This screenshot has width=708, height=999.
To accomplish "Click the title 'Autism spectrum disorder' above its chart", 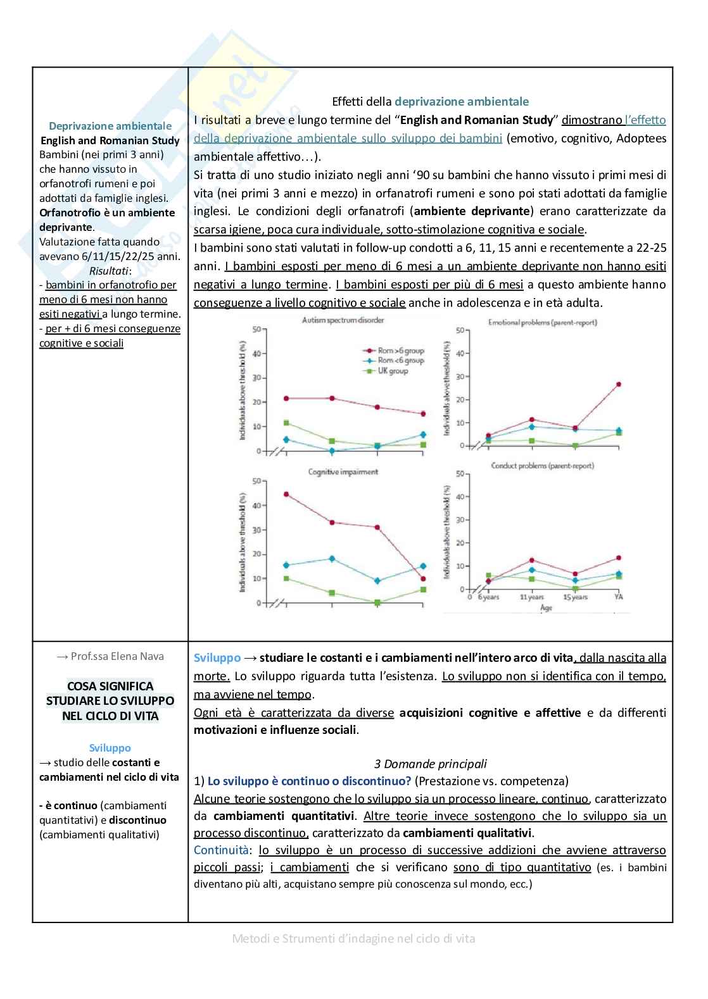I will pyautogui.click(x=343, y=320).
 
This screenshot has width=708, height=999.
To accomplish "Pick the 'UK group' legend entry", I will pyautogui.click(x=393, y=371).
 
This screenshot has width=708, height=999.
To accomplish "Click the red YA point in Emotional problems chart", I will pyautogui.click(x=618, y=384).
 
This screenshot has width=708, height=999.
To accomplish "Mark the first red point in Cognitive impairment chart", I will pyautogui.click(x=286, y=494).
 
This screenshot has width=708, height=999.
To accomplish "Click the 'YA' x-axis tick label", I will pyautogui.click(x=618, y=597).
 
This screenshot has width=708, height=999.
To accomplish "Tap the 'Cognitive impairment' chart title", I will pyautogui.click(x=343, y=472).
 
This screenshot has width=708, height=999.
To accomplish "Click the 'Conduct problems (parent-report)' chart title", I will pyautogui.click(x=542, y=466).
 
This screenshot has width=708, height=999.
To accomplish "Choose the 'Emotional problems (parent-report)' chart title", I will pyautogui.click(x=542, y=323).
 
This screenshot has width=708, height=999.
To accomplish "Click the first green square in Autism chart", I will pyautogui.click(x=286, y=423).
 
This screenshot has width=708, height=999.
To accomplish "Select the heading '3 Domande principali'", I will pyautogui.click(x=430, y=764).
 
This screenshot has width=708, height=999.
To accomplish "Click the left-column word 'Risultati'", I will pyautogui.click(x=109, y=271).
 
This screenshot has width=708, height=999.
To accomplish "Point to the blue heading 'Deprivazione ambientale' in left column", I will pyautogui.click(x=110, y=126).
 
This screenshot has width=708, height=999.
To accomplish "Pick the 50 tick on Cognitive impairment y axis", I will pyautogui.click(x=256, y=481).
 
